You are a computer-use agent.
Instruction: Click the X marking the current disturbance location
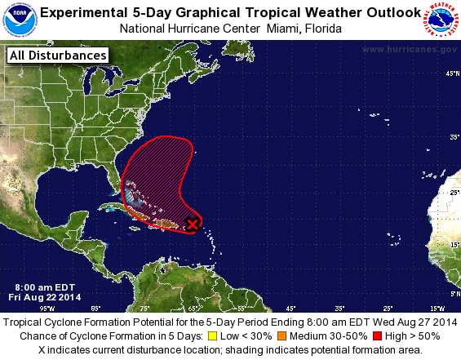(193, 224)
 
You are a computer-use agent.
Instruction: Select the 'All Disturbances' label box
(57, 56)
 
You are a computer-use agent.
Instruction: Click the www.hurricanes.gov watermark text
(409, 50)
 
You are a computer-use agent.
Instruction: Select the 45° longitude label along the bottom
(290, 308)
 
